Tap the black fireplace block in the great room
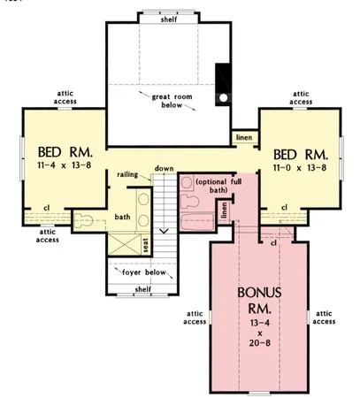point(224,83)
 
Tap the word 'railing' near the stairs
point(128,175)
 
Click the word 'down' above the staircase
point(164,168)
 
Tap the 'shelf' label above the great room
point(167,19)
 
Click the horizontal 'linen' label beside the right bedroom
point(242,137)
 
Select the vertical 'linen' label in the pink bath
point(225,210)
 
